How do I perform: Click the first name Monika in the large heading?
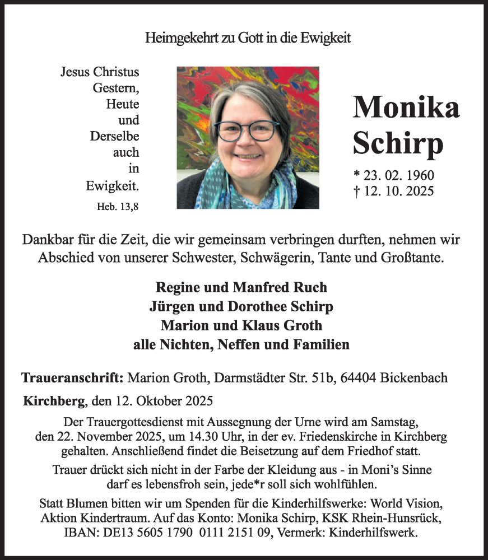click(406, 106)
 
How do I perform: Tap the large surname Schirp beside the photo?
click(398, 143)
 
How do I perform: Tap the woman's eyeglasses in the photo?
click(247, 130)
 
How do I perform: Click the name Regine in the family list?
click(176, 287)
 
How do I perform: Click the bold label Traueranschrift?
click(72, 377)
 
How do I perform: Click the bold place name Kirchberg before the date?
click(54, 401)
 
